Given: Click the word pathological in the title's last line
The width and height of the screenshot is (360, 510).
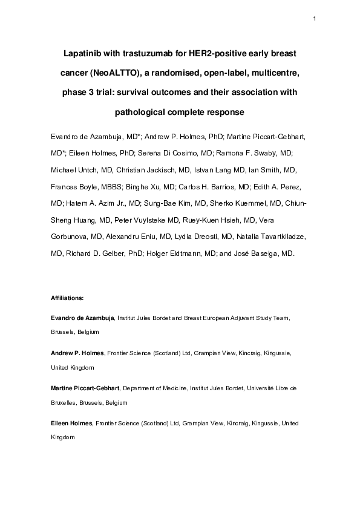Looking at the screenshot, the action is pos(140,113).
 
